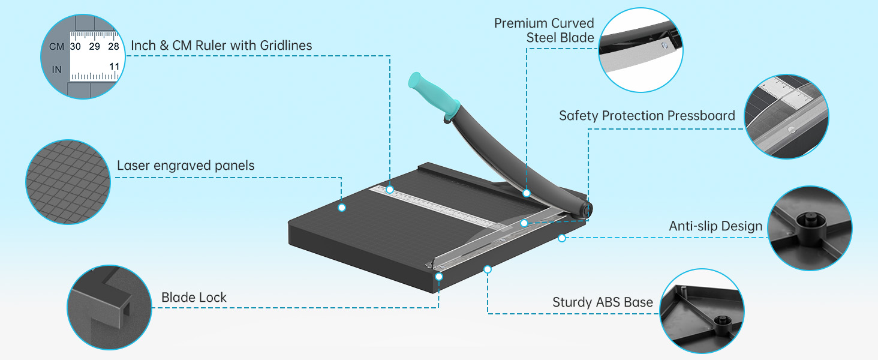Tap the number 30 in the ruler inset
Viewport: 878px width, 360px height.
pos(76,46)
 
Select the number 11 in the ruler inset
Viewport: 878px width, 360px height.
pos(115,66)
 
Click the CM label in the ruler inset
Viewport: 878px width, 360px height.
pos(56,46)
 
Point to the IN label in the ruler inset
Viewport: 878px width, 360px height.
pos(56,70)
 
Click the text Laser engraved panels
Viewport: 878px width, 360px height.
pos(185,166)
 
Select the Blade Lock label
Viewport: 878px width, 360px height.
pos(194,298)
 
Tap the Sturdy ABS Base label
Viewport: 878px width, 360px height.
pos(602,302)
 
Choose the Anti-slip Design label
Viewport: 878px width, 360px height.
pos(715,226)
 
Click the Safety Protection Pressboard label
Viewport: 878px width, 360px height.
pos(647,116)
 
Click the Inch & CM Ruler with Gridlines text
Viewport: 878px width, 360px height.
pos(221,46)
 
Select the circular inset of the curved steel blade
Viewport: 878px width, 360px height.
pos(641,49)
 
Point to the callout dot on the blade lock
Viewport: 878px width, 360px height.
pos(439,277)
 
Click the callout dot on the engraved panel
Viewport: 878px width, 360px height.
pos(342,208)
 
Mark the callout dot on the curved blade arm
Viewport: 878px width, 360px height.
pos(527,193)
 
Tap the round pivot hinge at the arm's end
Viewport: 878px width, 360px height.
pos(587,208)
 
